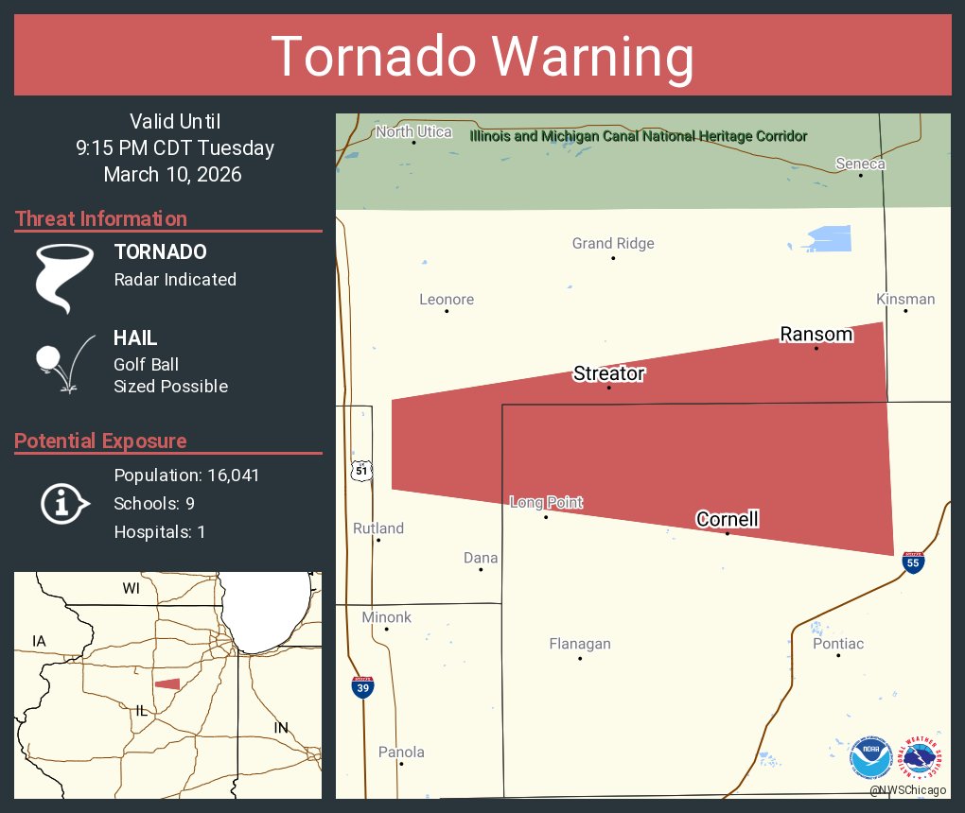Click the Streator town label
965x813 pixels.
(x=608, y=373)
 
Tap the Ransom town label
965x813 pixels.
(x=816, y=334)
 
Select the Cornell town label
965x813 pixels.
(x=727, y=519)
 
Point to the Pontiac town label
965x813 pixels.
(x=837, y=644)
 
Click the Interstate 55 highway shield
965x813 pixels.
(x=912, y=562)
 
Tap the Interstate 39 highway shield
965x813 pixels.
(x=362, y=687)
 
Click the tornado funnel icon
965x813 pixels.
(x=64, y=277)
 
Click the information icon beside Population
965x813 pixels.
(x=63, y=503)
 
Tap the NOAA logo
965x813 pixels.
(x=870, y=758)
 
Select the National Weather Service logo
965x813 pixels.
(x=922, y=758)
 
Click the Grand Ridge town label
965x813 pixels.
(x=613, y=244)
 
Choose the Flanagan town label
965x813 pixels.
(x=580, y=644)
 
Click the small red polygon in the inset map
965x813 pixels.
(x=167, y=683)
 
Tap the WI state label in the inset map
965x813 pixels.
(x=131, y=588)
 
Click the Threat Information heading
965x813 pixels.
(x=101, y=218)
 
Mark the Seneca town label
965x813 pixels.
(x=860, y=164)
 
